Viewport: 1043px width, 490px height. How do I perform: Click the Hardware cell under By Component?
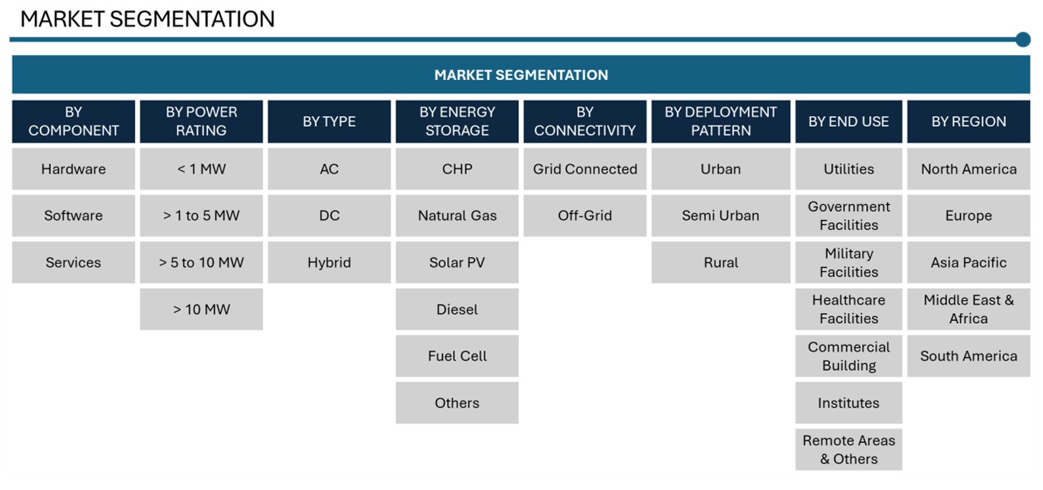click(x=74, y=169)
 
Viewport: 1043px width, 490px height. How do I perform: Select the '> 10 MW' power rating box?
click(x=201, y=309)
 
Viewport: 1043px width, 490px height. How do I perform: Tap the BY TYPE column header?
click(x=329, y=122)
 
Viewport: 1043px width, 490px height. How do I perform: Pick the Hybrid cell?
click(x=329, y=262)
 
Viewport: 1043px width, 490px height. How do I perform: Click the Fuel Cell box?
click(x=457, y=356)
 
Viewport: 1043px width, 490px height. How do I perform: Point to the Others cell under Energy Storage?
click(x=457, y=403)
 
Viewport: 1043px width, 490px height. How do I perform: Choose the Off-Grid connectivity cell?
click(x=585, y=216)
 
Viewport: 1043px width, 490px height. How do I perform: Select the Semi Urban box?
click(x=721, y=216)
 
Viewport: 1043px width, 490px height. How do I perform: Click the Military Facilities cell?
click(x=849, y=262)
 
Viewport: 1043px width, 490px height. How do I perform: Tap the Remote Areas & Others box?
click(x=849, y=449)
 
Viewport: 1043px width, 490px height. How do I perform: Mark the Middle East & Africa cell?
click(x=968, y=309)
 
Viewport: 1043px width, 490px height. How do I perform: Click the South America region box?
click(x=968, y=356)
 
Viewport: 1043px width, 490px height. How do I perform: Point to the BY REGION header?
click(x=968, y=122)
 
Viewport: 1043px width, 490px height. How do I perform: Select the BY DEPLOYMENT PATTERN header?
click(x=721, y=122)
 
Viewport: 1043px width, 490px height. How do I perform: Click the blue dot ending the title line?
click(x=1023, y=39)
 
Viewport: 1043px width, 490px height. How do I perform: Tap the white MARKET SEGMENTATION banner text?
click(x=521, y=75)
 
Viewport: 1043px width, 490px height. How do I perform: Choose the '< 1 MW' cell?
click(x=201, y=169)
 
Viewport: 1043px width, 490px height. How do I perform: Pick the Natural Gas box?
click(x=457, y=216)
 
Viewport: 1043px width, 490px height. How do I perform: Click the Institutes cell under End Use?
click(x=849, y=403)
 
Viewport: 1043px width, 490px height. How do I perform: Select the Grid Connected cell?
click(x=585, y=169)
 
